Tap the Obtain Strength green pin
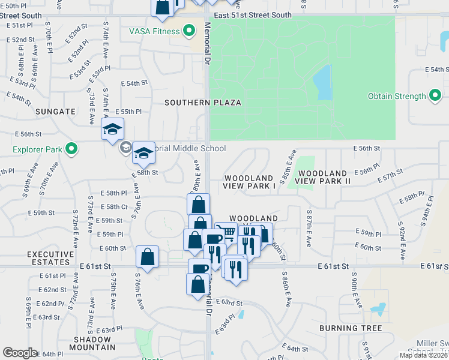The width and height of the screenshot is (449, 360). point(436,96)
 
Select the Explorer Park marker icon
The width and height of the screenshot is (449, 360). point(72,148)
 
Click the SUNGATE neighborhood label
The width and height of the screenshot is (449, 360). point(55,112)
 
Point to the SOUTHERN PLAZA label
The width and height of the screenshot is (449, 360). point(203,103)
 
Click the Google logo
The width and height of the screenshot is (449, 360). point(20,353)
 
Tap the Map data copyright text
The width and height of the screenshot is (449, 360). point(424,355)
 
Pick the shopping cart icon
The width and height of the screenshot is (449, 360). point(226,232)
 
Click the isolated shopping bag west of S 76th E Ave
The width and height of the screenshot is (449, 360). point(147,257)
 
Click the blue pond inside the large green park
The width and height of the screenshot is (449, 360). point(323,82)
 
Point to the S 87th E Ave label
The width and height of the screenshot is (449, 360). point(309,229)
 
